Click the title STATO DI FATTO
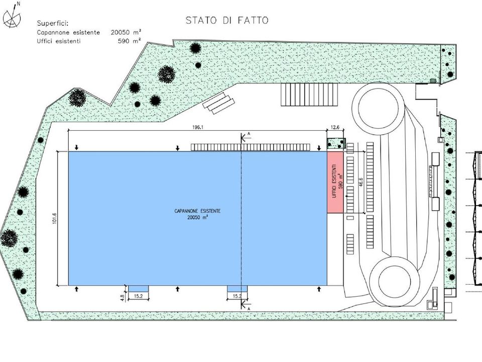[227, 20]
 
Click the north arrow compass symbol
[12, 16]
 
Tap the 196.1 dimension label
[198, 127]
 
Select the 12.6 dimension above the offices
[335, 127]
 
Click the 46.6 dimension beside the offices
[361, 182]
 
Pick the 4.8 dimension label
[122, 298]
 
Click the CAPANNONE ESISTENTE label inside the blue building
[197, 211]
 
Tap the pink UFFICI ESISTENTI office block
[335, 182]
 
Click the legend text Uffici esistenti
[59, 41]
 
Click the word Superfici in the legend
[53, 24]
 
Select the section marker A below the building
[249, 308]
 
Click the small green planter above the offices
[336, 143]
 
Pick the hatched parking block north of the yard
[309, 95]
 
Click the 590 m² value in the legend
[130, 41]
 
